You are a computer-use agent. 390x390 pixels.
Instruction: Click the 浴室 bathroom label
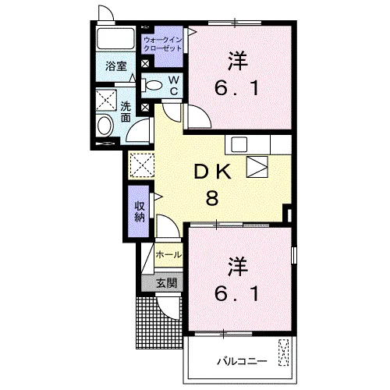click(x=116, y=66)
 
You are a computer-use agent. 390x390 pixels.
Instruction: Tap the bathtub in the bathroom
click(x=115, y=37)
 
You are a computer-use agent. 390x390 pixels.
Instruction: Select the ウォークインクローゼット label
click(x=163, y=44)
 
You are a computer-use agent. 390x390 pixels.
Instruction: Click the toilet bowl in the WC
click(x=152, y=85)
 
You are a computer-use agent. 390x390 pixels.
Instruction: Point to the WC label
click(x=174, y=86)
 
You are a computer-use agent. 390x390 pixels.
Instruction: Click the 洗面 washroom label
click(x=126, y=112)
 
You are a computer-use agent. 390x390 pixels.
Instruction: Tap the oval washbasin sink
click(x=105, y=126)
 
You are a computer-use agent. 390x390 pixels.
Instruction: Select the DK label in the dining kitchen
click(x=213, y=172)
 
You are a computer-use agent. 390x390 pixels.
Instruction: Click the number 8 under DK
click(x=212, y=197)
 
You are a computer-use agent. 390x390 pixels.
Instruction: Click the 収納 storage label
click(x=140, y=211)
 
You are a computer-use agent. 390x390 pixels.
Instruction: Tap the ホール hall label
click(x=168, y=254)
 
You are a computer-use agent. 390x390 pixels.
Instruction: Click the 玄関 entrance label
click(x=166, y=283)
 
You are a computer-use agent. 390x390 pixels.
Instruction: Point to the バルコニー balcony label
click(x=242, y=361)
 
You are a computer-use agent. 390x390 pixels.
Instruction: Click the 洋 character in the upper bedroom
click(x=237, y=62)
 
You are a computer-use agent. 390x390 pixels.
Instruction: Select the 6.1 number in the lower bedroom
click(x=236, y=293)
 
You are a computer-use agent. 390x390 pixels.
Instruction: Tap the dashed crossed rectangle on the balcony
click(x=284, y=353)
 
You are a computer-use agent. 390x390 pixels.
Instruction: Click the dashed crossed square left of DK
click(x=142, y=165)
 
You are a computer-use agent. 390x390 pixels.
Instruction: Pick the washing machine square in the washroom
click(x=106, y=100)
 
